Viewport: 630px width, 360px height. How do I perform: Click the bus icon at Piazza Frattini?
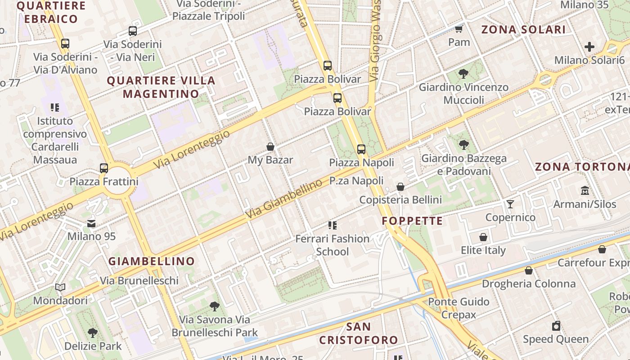104,168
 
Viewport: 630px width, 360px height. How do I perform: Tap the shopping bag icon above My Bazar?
270,147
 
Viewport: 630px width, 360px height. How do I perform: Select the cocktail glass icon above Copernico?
510,204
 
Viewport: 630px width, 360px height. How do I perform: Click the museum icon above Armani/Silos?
585,190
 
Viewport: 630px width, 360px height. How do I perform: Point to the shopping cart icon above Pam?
459,29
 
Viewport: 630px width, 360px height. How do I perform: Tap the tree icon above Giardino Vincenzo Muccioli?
463,74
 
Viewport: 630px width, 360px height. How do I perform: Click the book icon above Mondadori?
60,287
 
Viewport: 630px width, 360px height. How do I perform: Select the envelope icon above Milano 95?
91,223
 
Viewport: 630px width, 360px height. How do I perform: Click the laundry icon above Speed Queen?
556,326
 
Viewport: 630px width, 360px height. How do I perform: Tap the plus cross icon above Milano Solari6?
589,47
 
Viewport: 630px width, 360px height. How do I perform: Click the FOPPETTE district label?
412,221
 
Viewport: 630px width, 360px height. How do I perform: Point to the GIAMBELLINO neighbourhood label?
152,261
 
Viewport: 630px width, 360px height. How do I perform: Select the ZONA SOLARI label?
523,30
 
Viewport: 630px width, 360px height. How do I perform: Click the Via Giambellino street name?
284,199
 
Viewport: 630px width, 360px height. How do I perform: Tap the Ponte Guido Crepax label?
459,308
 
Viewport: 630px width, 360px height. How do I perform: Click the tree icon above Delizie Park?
93,333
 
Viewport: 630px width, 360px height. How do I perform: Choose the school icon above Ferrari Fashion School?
333,225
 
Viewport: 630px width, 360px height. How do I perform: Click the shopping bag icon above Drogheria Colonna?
529,270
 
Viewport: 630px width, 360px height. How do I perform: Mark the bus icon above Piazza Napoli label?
361,149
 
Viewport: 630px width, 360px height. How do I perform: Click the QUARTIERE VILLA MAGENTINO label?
161,87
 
